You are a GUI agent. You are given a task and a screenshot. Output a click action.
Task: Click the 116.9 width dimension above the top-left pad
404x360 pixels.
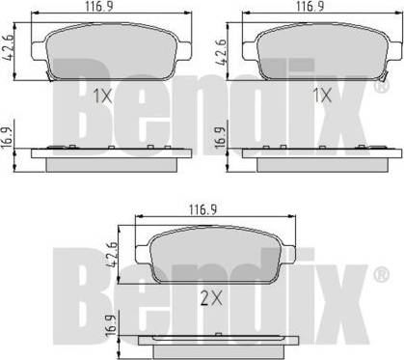click(x=99, y=7)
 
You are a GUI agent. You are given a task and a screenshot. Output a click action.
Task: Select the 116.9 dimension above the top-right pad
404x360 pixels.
click(x=310, y=6)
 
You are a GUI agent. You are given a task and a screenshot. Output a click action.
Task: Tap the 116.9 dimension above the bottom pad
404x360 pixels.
click(x=202, y=209)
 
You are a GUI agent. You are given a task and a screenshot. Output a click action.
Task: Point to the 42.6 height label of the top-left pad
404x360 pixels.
click(x=9, y=47)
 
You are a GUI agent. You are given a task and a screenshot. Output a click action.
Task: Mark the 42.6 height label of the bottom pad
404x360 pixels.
click(x=113, y=254)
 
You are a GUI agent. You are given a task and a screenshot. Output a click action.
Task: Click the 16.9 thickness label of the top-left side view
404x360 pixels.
click(x=7, y=137)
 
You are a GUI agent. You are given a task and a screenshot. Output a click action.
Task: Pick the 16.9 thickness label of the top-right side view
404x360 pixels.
click(x=220, y=137)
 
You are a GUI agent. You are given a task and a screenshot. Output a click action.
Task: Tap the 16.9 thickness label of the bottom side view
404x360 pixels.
click(x=111, y=325)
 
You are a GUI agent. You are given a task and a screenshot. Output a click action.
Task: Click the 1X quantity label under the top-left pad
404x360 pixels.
click(x=102, y=96)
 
